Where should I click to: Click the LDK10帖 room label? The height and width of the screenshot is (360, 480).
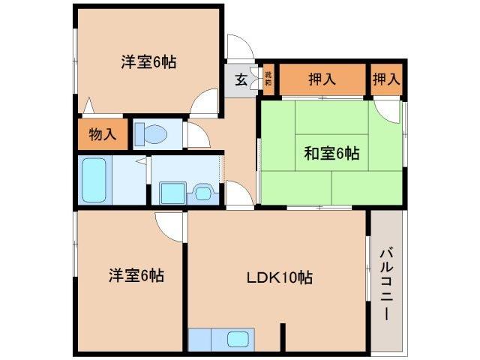(x=280, y=277)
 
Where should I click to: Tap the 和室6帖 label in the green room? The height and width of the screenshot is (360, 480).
(x=331, y=154)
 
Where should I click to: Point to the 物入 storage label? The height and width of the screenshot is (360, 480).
(x=102, y=135)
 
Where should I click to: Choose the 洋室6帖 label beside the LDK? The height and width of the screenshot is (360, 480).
(x=135, y=276)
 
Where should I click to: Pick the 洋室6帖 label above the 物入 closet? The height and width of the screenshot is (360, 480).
(x=148, y=62)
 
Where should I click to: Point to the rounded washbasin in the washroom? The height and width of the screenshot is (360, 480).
(x=202, y=193)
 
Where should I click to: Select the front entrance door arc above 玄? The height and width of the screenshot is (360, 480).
(x=240, y=47)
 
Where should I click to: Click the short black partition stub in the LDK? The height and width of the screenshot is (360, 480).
(x=283, y=336)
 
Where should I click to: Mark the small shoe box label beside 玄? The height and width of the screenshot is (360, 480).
(x=267, y=79)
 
